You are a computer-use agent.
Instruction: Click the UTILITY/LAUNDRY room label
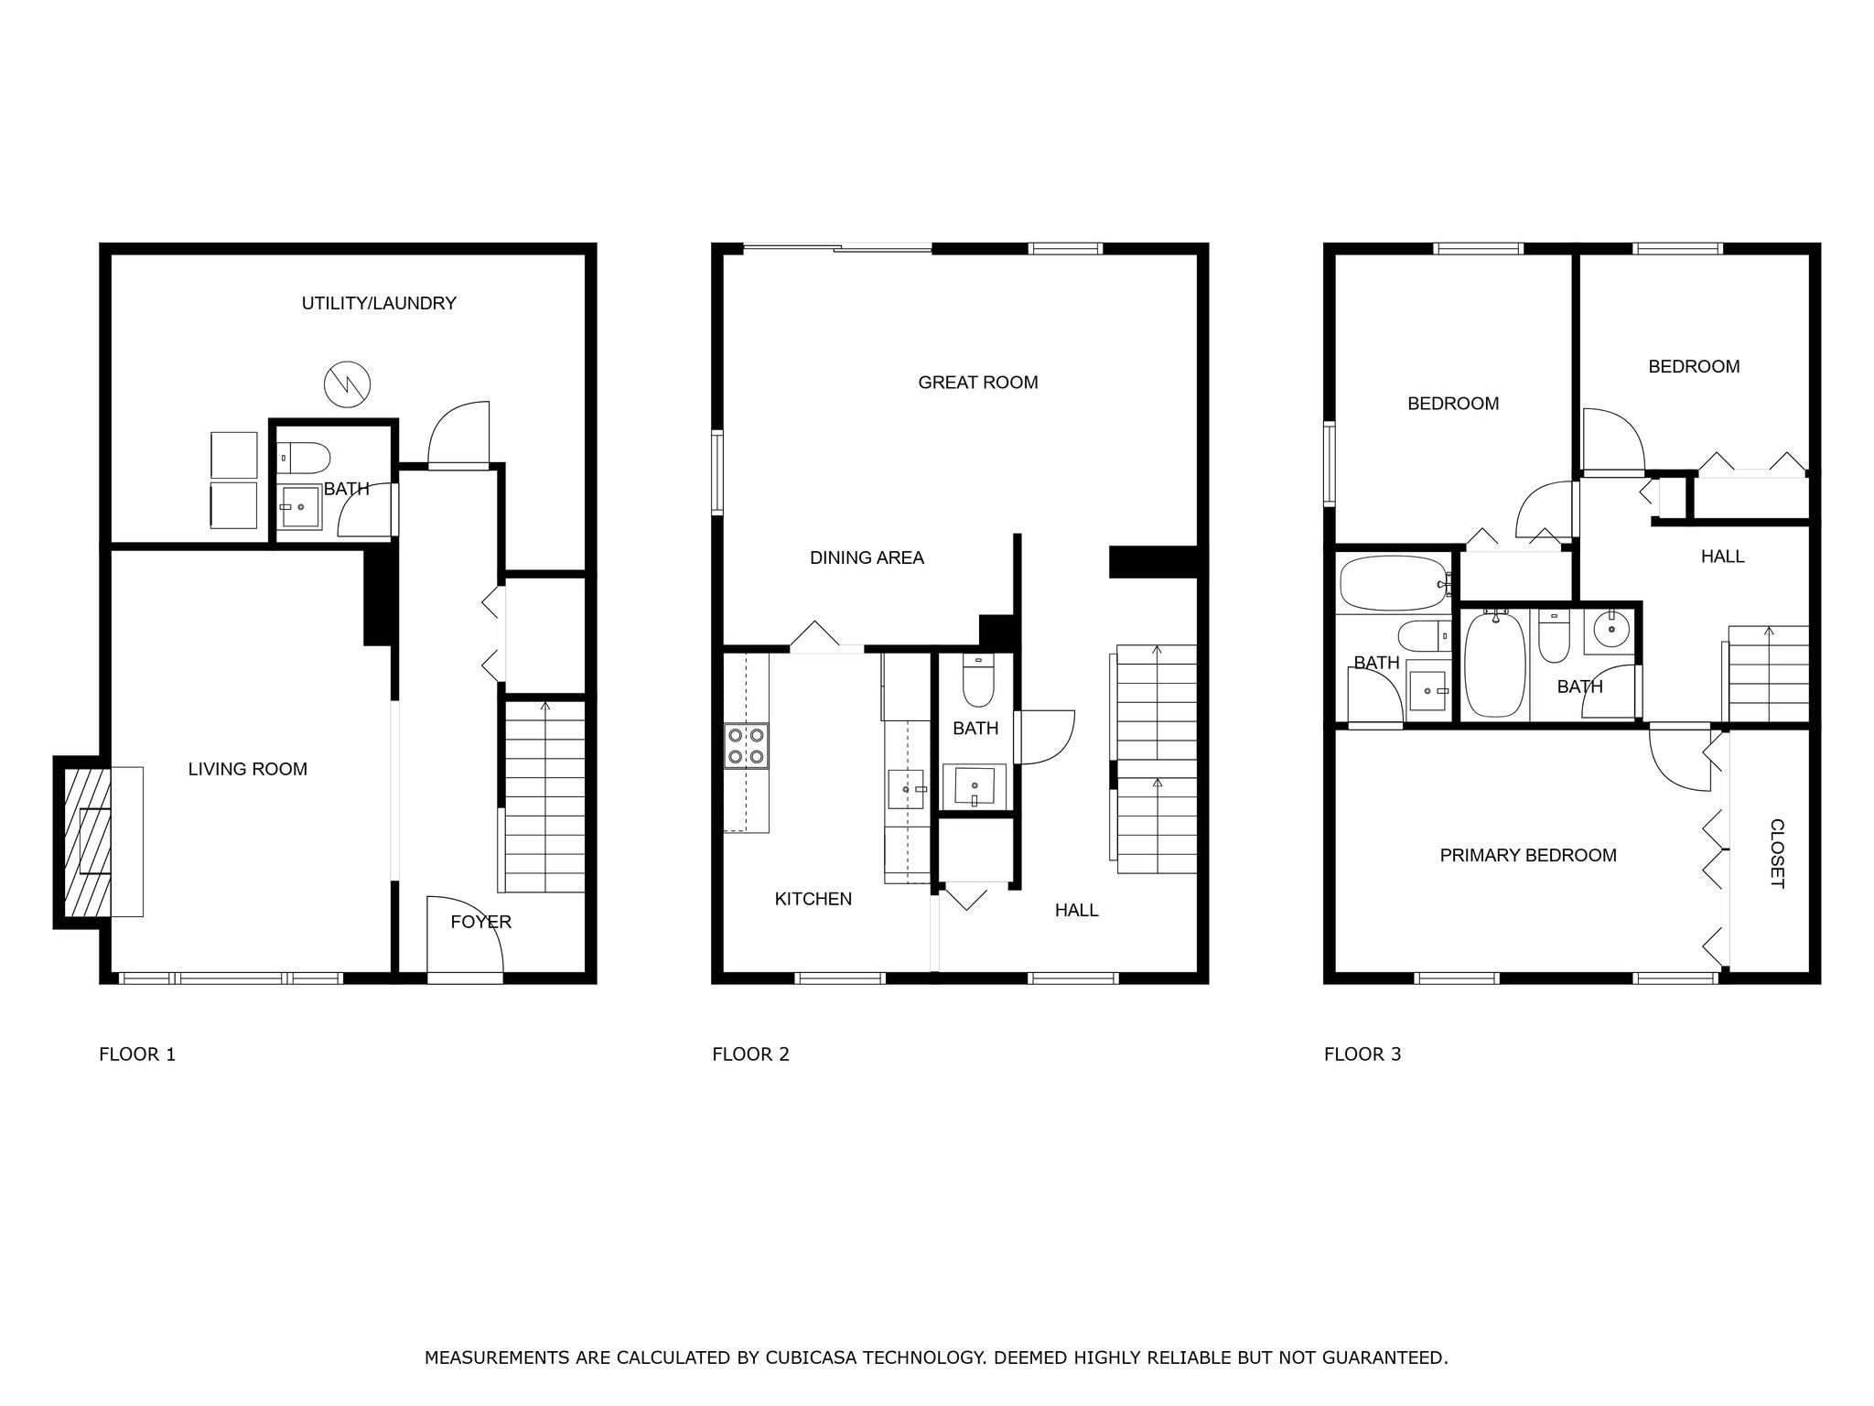379,303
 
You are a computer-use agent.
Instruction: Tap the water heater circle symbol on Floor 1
348,384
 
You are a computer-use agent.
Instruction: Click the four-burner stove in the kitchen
746,745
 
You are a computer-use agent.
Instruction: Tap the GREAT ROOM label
977,383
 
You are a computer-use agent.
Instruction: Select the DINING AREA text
867,557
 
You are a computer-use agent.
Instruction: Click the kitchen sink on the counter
906,788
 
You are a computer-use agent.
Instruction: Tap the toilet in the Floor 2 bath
978,683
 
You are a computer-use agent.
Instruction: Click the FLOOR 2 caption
750,1054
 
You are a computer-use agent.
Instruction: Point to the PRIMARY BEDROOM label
1527,855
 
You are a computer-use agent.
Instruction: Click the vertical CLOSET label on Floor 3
1775,853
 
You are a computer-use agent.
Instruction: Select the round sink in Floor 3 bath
1608,630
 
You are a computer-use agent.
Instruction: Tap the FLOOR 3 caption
1362,1054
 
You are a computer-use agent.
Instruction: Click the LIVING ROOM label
247,769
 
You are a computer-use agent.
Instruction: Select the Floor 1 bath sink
299,506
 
